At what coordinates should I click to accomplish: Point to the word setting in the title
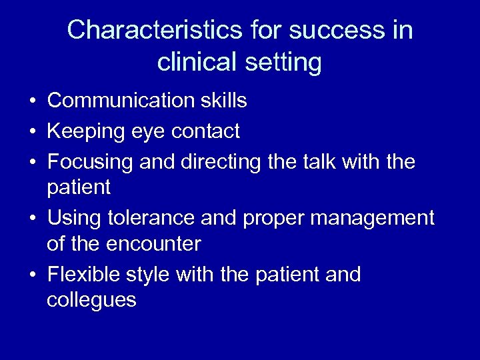(x=284, y=63)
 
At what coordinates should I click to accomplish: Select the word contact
(x=205, y=132)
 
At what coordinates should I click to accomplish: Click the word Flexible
(x=84, y=274)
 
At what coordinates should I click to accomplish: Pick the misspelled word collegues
(x=91, y=301)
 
